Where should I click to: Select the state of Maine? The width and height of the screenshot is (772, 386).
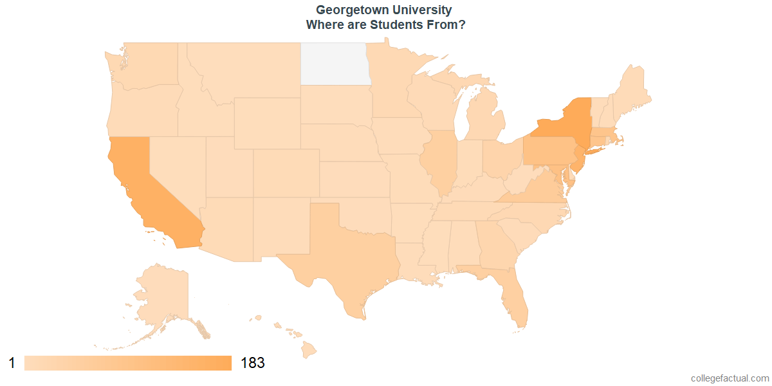634,90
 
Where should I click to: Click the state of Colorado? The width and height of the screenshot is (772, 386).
286,173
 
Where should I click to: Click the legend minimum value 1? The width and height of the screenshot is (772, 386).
12,363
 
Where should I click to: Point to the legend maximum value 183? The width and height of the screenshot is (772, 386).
252,363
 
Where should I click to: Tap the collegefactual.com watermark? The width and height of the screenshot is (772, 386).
730,378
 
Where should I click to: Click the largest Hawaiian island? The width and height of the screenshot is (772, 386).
309,349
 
